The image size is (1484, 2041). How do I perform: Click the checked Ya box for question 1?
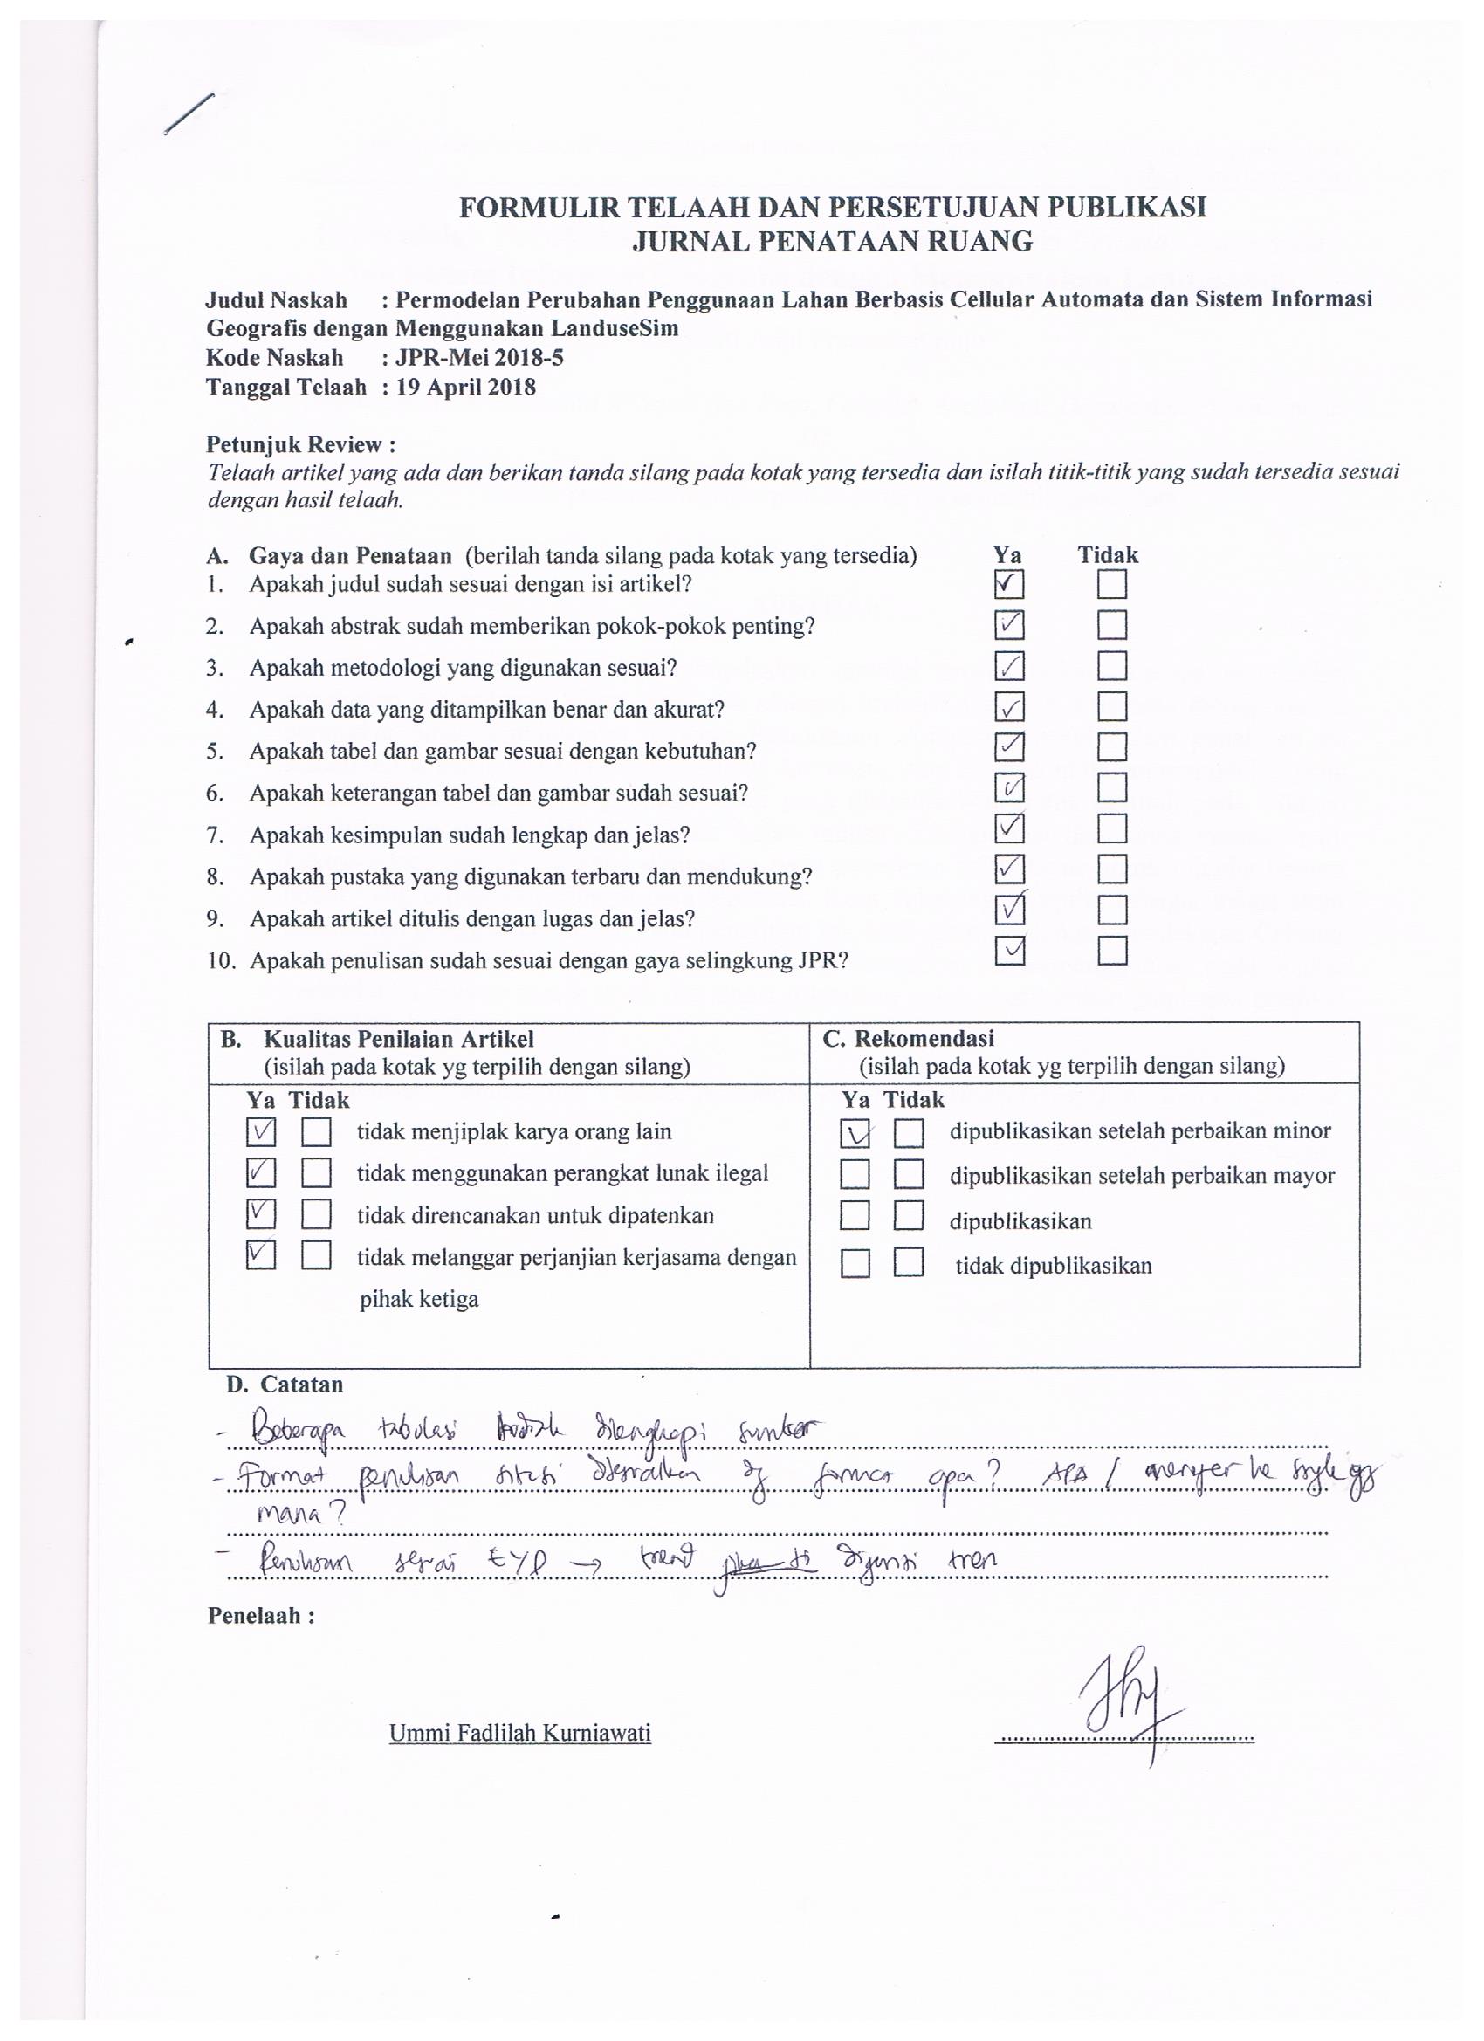(x=1009, y=585)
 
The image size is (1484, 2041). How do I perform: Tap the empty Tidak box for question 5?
(x=1112, y=747)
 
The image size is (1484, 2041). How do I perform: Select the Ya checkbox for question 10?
(x=1010, y=952)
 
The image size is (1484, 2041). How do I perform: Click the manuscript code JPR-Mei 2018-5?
(x=478, y=358)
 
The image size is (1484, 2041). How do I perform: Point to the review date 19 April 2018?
(x=465, y=388)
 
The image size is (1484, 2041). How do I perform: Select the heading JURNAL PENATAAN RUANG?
(x=832, y=241)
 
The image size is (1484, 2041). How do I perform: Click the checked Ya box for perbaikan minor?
(x=855, y=1133)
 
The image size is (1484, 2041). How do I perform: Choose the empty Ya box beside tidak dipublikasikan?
(x=855, y=1264)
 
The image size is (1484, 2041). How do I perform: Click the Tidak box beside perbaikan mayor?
(x=909, y=1174)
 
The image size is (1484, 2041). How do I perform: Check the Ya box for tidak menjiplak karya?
(x=261, y=1132)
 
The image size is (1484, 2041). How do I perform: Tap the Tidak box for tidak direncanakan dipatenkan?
(x=316, y=1215)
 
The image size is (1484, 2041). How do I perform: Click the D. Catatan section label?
(x=285, y=1384)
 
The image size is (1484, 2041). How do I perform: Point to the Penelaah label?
(x=261, y=1615)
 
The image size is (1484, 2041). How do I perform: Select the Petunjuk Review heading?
(x=300, y=444)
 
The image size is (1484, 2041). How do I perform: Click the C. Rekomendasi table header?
(x=908, y=1039)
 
